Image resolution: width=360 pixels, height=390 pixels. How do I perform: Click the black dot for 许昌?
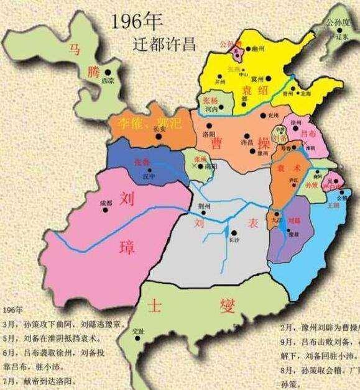click(x=249, y=134)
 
